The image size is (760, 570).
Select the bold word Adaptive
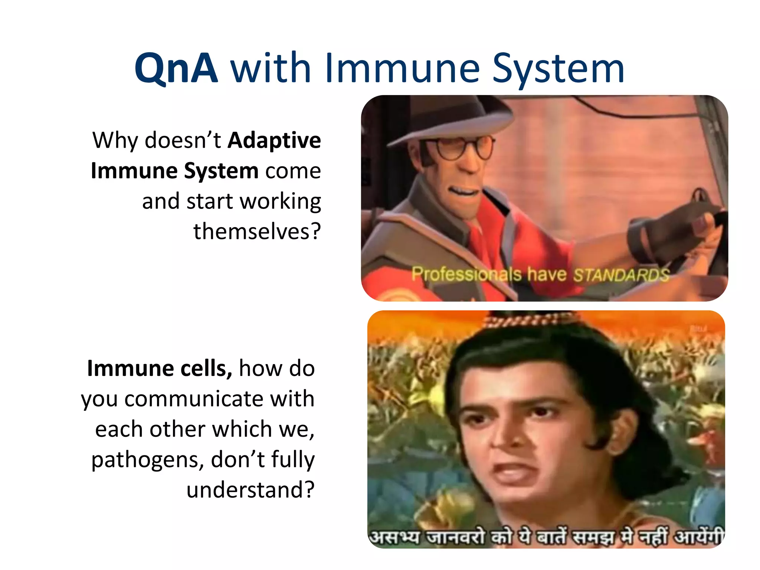click(x=274, y=140)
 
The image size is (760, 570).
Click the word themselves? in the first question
click(x=257, y=232)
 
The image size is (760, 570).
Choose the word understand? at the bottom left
click(x=250, y=490)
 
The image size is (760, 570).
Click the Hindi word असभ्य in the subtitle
click(x=396, y=537)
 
